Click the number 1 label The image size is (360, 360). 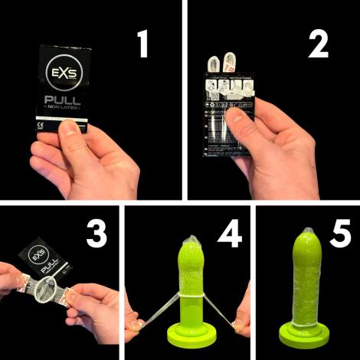coord(141,45)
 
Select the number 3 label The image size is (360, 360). coord(96,234)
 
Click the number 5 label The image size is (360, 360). coord(337,234)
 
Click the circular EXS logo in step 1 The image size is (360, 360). coord(63,77)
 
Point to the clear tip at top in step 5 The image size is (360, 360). coord(306,229)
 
